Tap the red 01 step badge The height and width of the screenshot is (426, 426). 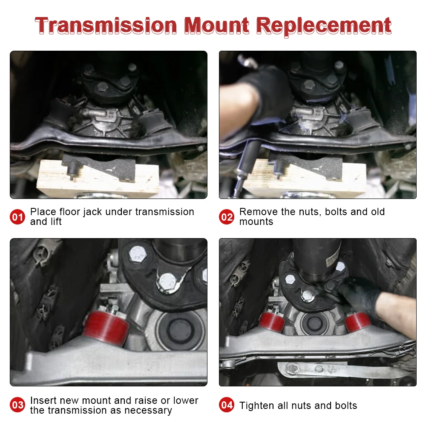point(17,217)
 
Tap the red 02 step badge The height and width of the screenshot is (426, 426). point(227,217)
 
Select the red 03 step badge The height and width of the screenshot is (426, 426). point(17,405)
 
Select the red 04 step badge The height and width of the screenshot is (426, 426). point(227,405)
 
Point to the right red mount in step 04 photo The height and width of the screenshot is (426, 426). point(357,322)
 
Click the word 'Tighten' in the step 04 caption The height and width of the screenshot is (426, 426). point(256,406)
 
